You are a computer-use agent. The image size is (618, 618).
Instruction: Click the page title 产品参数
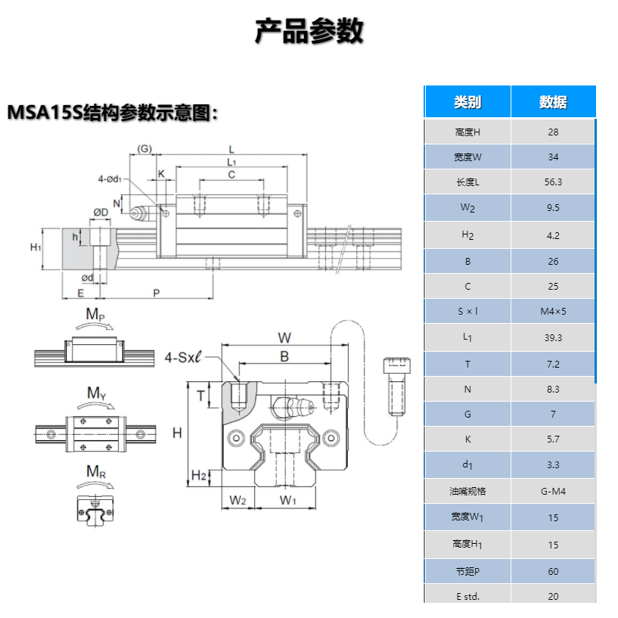(x=309, y=32)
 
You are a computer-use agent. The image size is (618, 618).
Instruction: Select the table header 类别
(x=467, y=102)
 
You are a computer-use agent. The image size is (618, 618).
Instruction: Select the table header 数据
(x=553, y=102)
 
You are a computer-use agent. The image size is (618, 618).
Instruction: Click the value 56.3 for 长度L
(x=553, y=182)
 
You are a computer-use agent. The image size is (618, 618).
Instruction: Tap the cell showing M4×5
(x=553, y=312)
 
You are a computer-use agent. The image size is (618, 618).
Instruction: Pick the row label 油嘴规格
(x=467, y=492)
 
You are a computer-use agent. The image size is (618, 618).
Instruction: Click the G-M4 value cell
(x=553, y=492)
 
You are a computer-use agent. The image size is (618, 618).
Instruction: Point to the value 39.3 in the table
(x=553, y=337)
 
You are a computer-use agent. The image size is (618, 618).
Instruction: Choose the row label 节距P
(x=467, y=571)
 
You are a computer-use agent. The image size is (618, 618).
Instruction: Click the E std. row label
(x=467, y=596)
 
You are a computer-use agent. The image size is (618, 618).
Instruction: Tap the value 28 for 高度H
(x=553, y=132)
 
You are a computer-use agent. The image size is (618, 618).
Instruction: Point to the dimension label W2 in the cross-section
(x=238, y=500)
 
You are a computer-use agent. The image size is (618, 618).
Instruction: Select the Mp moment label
(x=95, y=314)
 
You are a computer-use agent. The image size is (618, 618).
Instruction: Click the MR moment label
(x=95, y=472)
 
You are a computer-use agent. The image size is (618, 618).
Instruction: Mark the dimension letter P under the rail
(x=156, y=292)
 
